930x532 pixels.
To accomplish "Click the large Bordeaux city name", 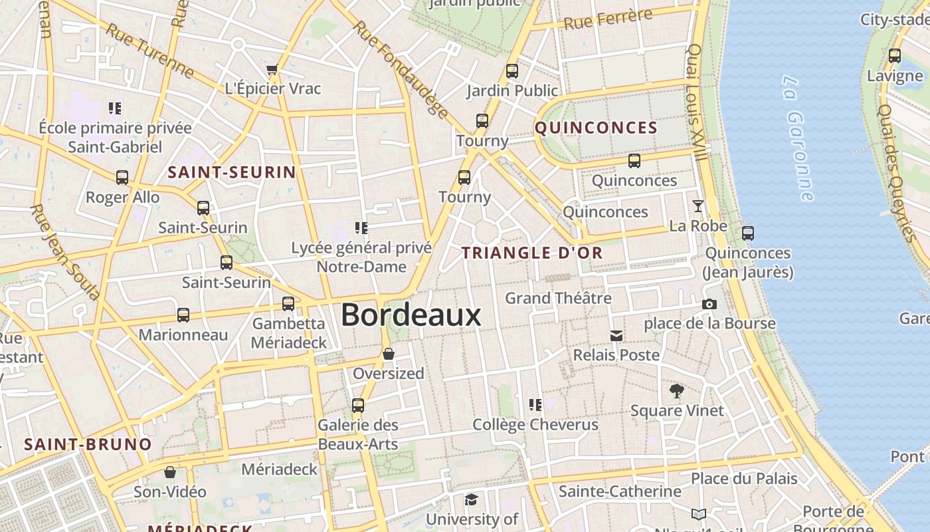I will tap(411, 315).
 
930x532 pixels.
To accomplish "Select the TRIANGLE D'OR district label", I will tap(532, 253).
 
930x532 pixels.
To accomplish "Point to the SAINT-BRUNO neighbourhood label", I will tap(88, 444).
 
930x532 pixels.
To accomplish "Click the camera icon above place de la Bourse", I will tap(709, 304).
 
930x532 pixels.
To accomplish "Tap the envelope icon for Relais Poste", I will tap(616, 335).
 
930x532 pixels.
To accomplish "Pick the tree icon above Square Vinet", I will tap(677, 390).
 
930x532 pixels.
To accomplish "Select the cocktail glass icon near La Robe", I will tap(697, 205).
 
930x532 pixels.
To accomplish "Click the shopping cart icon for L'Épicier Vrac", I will tap(272, 69).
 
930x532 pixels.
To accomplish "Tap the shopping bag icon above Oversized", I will tap(389, 353).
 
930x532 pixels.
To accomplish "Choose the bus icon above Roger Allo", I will tap(122, 177).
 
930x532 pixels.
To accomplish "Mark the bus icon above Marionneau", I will tap(183, 315).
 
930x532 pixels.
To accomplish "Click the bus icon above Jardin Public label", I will tap(511, 70).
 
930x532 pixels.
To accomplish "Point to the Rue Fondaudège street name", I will tap(401, 69).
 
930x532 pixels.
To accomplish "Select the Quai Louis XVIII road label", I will tap(696, 102).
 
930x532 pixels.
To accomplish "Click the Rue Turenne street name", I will tap(150, 51).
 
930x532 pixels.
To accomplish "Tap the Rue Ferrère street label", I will tap(607, 19).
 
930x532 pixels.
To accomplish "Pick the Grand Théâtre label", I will tap(558, 298).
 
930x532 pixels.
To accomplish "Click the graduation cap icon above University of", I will tap(471, 499).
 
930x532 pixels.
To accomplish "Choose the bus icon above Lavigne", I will tap(895, 55).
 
